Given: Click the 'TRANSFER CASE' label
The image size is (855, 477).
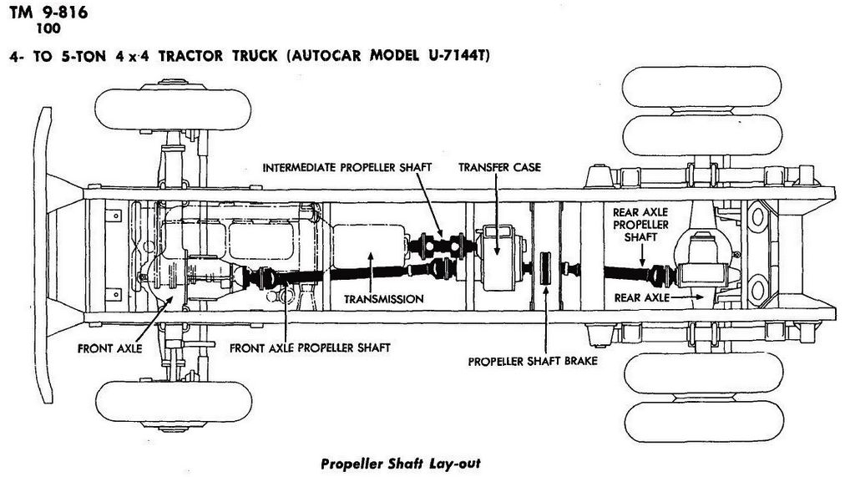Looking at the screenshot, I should [x=499, y=167].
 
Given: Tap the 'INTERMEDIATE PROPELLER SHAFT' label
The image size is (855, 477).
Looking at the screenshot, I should [x=347, y=167].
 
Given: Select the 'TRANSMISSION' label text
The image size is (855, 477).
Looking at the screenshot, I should [x=384, y=298].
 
